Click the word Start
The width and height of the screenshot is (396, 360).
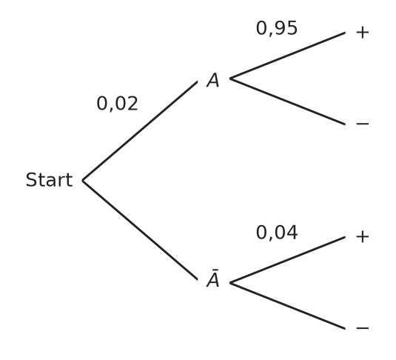click(50, 180)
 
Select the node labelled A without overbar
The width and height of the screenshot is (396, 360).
click(213, 80)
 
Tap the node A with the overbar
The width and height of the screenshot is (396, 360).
click(213, 279)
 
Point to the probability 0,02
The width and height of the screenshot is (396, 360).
click(118, 104)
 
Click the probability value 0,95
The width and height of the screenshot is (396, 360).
click(277, 28)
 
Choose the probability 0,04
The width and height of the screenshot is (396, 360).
click(277, 233)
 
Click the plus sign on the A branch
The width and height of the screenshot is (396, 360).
click(363, 33)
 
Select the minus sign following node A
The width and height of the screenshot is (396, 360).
click(363, 124)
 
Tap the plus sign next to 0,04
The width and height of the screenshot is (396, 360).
click(363, 237)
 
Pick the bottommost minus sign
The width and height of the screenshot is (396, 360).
click(363, 328)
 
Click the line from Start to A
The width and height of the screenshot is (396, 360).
click(140, 131)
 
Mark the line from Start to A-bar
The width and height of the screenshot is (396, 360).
click(140, 230)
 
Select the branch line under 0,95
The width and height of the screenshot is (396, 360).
click(288, 56)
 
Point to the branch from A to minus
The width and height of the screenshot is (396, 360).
click(288, 101)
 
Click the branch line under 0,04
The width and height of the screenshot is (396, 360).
click(288, 260)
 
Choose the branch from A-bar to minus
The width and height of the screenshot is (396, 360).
click(288, 306)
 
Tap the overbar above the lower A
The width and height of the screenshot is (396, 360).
click(215, 270)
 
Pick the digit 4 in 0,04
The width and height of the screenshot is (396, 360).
click(292, 233)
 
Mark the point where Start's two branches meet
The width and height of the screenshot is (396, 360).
click(83, 181)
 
